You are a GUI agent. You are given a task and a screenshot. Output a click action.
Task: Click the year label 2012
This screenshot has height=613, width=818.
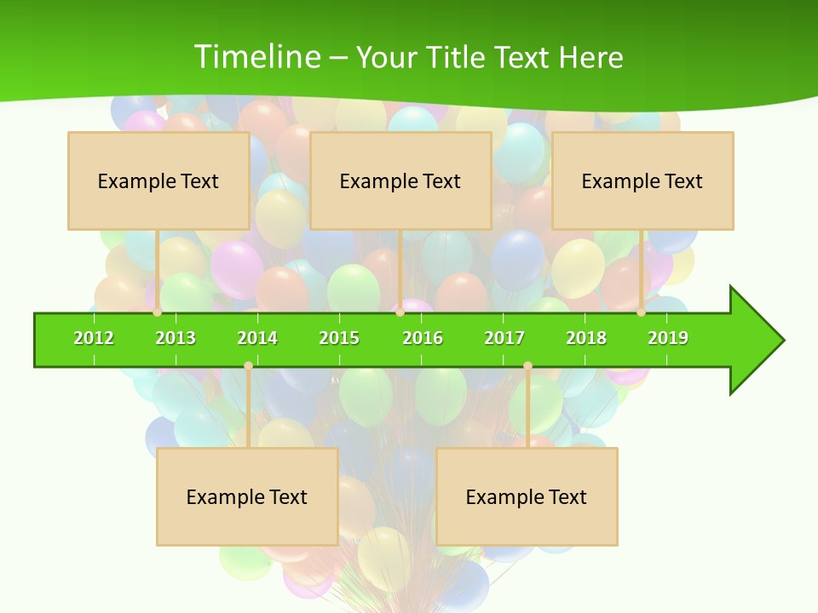point(94,338)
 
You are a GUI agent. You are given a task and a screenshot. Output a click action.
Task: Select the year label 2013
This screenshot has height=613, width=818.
point(176,338)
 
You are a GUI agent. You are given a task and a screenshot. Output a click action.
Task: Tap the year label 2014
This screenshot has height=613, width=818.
point(257,338)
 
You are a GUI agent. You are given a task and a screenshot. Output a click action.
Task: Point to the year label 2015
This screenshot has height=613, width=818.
point(339,338)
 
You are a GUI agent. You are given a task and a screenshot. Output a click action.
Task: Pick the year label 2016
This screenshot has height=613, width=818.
point(423,338)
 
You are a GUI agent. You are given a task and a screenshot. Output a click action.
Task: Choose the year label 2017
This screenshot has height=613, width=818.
point(504,338)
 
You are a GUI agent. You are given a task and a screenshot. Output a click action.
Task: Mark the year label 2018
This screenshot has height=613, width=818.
point(586,338)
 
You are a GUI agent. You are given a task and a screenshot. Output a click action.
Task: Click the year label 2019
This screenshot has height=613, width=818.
point(668,338)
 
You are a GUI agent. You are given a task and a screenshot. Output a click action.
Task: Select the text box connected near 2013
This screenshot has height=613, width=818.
point(158,180)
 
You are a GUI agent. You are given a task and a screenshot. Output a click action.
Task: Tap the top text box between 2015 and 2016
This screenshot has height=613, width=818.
point(400,180)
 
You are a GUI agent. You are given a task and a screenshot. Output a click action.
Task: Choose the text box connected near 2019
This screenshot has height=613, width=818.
point(642,180)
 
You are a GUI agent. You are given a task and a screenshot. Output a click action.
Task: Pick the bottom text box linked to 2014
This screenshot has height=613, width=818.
point(247,496)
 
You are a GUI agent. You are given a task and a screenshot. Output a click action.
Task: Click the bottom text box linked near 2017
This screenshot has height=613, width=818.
point(527,496)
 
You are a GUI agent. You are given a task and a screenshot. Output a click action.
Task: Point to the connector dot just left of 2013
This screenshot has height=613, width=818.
point(157,312)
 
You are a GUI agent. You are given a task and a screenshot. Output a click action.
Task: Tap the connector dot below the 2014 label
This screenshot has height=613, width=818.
point(248,365)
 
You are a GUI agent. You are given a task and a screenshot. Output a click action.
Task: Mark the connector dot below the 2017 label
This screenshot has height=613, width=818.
point(527,365)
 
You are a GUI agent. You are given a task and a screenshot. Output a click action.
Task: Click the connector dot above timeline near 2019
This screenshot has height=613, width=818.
point(641,312)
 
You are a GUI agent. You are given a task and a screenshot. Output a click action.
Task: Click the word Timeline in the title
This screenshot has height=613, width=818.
point(256,57)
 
